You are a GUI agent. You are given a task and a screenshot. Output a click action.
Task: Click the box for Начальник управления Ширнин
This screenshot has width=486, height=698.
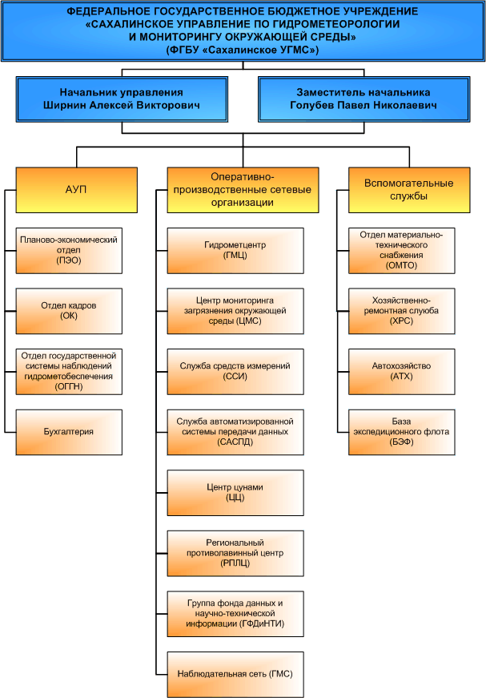tap(122, 99)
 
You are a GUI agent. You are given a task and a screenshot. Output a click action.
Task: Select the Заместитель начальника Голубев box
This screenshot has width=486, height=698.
tap(364, 99)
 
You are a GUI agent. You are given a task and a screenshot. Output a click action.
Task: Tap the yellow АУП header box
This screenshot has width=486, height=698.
tap(77, 190)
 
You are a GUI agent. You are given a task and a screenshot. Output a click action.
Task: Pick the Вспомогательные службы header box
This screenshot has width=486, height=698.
tap(409, 190)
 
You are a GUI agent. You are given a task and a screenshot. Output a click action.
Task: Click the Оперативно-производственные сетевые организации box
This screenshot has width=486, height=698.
tap(243, 190)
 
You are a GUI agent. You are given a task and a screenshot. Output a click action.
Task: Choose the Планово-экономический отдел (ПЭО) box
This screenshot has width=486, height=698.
tap(69, 251)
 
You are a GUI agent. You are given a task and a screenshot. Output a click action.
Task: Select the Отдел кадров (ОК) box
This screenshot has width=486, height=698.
tap(69, 311)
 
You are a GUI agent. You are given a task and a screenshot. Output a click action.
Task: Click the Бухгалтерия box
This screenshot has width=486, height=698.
tap(69, 432)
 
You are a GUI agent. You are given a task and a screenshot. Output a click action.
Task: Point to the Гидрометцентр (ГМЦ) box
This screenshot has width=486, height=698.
tap(235, 251)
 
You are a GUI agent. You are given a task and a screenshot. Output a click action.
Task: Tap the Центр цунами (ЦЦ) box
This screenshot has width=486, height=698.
tap(235, 493)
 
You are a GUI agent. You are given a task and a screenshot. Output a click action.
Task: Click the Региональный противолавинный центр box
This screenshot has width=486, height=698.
tap(235, 553)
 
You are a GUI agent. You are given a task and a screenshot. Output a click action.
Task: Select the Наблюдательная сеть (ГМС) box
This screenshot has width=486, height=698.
tap(235, 675)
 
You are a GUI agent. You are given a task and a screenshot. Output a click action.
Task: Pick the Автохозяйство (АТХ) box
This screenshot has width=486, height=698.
tap(401, 372)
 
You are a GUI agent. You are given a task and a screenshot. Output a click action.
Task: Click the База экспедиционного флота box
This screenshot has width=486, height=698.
tap(401, 432)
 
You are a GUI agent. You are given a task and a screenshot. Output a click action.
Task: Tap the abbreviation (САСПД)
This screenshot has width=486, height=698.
tap(235, 442)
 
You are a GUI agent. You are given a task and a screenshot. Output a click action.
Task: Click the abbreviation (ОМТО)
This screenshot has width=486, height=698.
tap(401, 266)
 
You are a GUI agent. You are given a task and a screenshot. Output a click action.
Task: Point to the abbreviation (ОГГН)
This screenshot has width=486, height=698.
tap(69, 387)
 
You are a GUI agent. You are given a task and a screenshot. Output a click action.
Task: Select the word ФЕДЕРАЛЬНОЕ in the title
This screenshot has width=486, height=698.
tap(102, 11)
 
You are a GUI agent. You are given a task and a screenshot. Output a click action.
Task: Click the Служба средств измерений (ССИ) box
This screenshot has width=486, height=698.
tap(235, 372)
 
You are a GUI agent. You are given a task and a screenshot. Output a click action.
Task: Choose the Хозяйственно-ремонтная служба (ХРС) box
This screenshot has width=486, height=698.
tap(401, 311)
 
